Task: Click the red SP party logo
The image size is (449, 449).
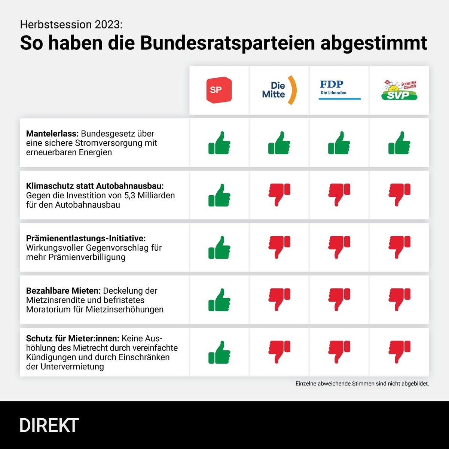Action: pyautogui.click(x=219, y=89)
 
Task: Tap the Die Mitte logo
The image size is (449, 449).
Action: pyautogui.click(x=279, y=90)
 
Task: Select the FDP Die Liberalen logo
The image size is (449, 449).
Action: pyautogui.click(x=339, y=90)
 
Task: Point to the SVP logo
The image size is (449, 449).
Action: pyautogui.click(x=399, y=90)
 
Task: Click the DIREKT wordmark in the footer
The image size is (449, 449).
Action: pyautogui.click(x=49, y=425)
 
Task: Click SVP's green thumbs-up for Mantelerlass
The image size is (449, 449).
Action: pyautogui.click(x=399, y=143)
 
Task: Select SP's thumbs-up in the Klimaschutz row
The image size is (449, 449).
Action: pyautogui.click(x=219, y=195)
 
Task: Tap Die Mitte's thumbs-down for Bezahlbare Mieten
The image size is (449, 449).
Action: pyautogui.click(x=279, y=300)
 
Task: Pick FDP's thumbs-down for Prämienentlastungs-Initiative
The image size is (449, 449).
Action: pyautogui.click(x=339, y=247)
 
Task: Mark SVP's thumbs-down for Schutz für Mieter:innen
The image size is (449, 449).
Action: pyautogui.click(x=399, y=352)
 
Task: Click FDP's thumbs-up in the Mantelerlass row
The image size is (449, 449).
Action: pyautogui.click(x=339, y=143)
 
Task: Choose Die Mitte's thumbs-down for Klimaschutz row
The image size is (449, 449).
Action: pyautogui.click(x=279, y=195)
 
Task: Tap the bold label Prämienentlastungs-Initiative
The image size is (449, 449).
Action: pyautogui.click(x=86, y=238)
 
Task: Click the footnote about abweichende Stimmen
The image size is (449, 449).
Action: pyautogui.click(x=362, y=384)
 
